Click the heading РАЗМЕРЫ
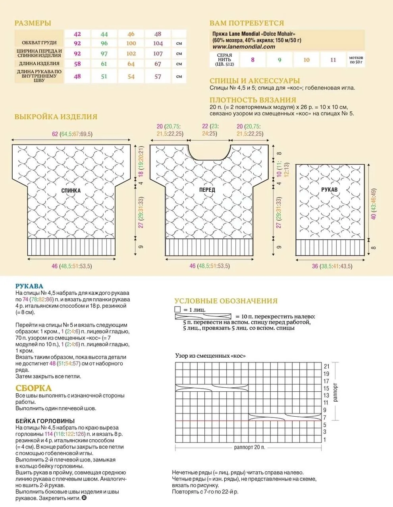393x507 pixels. coord(33,23)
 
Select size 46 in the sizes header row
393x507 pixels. coord(131,34)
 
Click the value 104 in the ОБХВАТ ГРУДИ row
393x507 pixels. coord(158,43)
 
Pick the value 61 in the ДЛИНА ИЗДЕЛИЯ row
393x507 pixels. coord(104,64)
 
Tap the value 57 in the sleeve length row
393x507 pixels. coord(158,76)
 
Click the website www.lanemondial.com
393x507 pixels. coord(241,47)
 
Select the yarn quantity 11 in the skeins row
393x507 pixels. coord(333,60)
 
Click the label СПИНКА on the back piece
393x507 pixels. coord(71,191)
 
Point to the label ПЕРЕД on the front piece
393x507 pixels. coord(207,190)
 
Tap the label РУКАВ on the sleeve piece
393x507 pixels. coord(329,190)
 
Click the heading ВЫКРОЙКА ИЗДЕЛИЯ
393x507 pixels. coord(56,117)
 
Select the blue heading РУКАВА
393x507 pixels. coord(29,286)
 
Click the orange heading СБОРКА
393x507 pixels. coord(34,388)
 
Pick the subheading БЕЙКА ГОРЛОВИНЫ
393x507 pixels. coord(45,421)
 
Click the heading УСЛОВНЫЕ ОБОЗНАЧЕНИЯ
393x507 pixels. coord(226,301)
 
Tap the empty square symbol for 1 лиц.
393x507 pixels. coord(177,309)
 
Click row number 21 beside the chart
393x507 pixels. coord(326,366)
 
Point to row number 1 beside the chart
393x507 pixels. coord(325,440)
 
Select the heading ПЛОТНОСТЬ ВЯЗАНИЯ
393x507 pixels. coord(253,100)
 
